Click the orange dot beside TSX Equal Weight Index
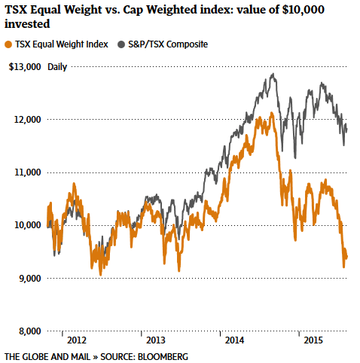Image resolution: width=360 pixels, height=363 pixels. pyautogui.click(x=8, y=44)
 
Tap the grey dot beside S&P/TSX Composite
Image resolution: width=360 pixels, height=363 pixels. pyautogui.click(x=121, y=44)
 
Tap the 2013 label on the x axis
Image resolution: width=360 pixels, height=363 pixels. pyautogui.click(x=156, y=340)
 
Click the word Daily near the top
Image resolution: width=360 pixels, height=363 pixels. pyautogui.click(x=57, y=67)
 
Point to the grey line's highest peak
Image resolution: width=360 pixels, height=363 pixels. pyautogui.click(x=272, y=74)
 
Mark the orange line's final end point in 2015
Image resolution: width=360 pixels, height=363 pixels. pyautogui.click(x=346, y=258)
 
